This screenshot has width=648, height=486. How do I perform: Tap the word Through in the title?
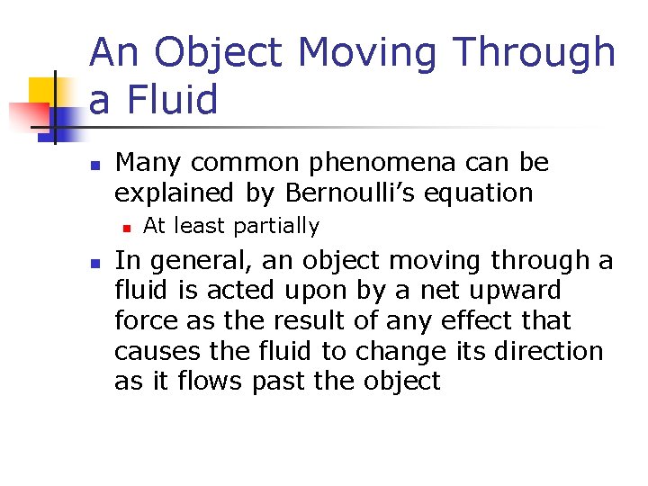535,53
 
